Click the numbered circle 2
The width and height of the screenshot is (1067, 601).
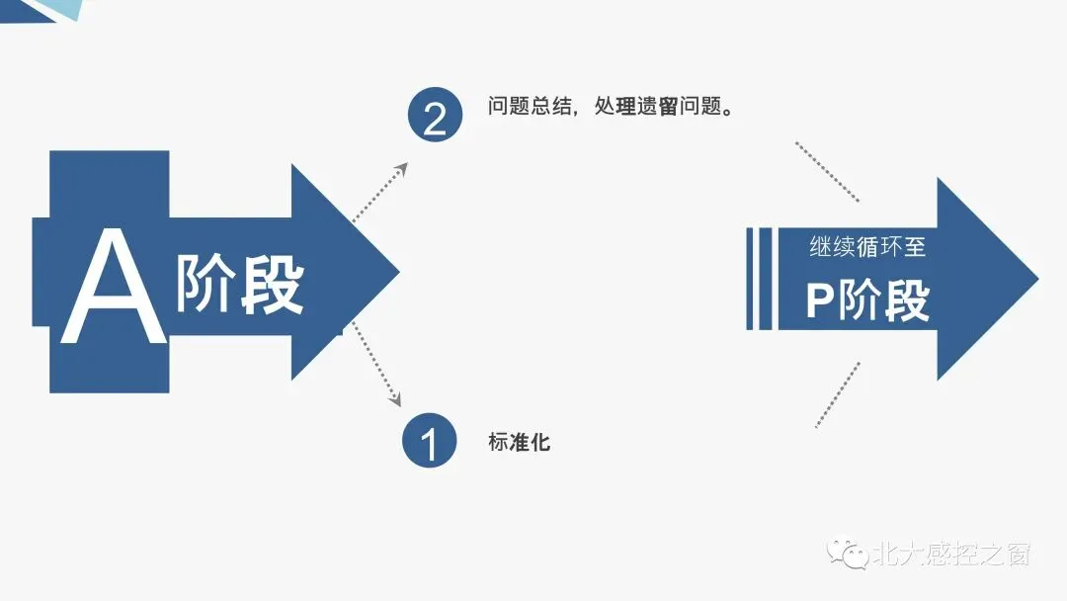(x=435, y=117)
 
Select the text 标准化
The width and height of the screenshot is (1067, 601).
(x=519, y=442)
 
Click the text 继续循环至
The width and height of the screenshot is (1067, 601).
(x=866, y=246)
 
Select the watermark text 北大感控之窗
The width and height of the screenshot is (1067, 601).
(x=950, y=554)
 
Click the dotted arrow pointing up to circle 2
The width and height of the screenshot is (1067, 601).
(x=379, y=193)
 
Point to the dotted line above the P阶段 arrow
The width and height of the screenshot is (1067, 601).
(x=827, y=171)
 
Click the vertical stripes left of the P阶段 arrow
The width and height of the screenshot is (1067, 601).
(x=759, y=279)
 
